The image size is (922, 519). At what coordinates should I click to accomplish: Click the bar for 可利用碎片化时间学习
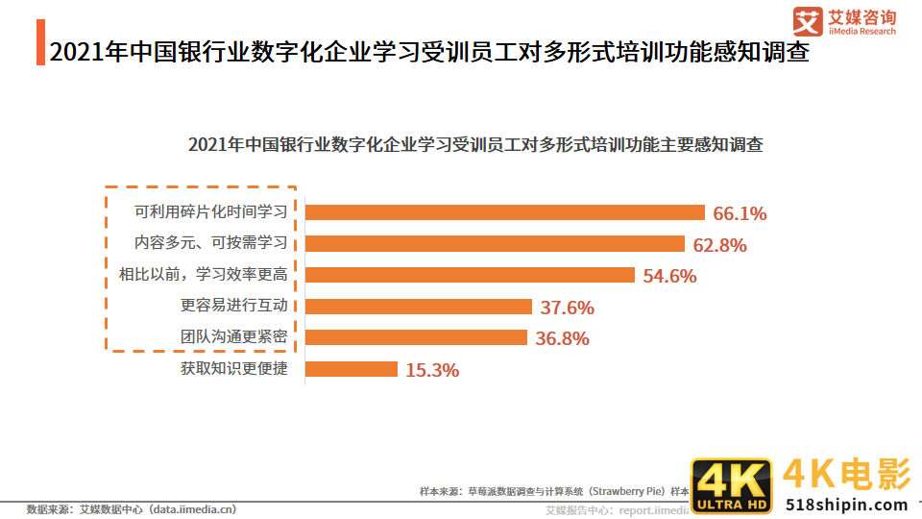pyautogui.click(x=505, y=212)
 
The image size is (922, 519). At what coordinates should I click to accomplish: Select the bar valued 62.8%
pyautogui.click(x=495, y=244)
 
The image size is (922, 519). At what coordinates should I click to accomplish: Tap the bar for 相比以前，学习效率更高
pyautogui.click(x=470, y=275)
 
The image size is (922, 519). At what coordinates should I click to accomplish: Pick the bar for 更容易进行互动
pyautogui.click(x=418, y=307)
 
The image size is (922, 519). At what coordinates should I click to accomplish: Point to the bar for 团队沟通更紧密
pyautogui.click(x=416, y=337)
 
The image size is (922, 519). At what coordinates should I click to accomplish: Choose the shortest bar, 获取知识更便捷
pyautogui.click(x=351, y=369)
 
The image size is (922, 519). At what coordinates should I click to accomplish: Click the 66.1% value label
pyautogui.click(x=740, y=213)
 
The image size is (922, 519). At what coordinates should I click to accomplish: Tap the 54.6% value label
pyautogui.click(x=669, y=276)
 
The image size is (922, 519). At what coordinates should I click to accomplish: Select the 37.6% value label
pyautogui.click(x=568, y=308)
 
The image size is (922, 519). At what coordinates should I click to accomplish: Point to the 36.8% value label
pyautogui.click(x=563, y=338)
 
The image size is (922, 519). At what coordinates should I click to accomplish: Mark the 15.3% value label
pyautogui.click(x=432, y=370)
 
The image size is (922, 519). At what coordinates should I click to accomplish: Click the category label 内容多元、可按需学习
pyautogui.click(x=210, y=243)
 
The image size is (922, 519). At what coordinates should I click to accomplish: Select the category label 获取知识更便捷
pyautogui.click(x=233, y=368)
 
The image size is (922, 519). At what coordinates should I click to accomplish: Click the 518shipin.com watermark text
pyautogui.click(x=846, y=505)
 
